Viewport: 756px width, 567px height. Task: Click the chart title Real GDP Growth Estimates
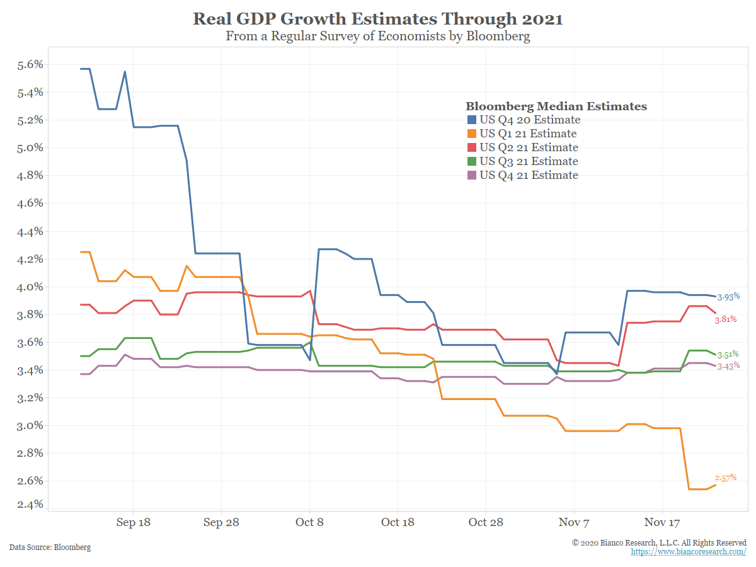[378, 18]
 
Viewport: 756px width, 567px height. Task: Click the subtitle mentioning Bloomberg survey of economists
[378, 36]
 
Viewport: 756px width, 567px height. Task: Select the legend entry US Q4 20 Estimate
[529, 120]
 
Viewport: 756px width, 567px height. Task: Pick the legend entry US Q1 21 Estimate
[528, 134]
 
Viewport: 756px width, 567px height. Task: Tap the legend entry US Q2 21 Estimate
[529, 147]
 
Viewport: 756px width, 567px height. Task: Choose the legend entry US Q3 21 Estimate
[529, 161]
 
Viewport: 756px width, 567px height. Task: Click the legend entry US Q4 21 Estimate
[529, 175]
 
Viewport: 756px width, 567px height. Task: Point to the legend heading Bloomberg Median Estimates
[556, 106]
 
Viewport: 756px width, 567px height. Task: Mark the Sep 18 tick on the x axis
[134, 522]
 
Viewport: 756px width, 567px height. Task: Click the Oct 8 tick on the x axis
[309, 522]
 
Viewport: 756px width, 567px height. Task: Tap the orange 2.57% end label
[725, 478]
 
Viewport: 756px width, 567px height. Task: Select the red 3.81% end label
[725, 320]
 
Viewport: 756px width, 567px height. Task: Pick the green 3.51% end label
[728, 354]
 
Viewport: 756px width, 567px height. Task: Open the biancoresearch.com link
[689, 552]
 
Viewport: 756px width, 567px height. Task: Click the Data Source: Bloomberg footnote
[50, 547]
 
